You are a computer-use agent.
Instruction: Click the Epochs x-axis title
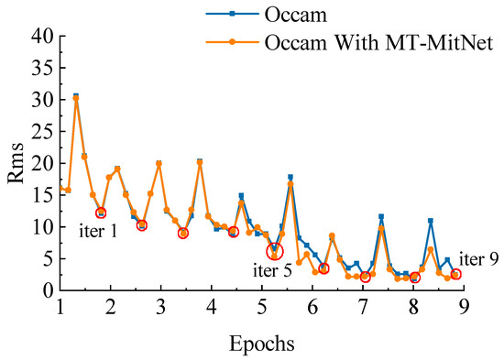261,344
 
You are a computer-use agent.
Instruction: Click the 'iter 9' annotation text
477,258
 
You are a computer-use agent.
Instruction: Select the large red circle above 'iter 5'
275,251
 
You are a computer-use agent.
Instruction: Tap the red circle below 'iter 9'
455,274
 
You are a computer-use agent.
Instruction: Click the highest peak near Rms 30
76,97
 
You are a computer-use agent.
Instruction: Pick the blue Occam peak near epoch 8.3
430,221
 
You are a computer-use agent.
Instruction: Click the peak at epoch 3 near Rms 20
159,164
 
